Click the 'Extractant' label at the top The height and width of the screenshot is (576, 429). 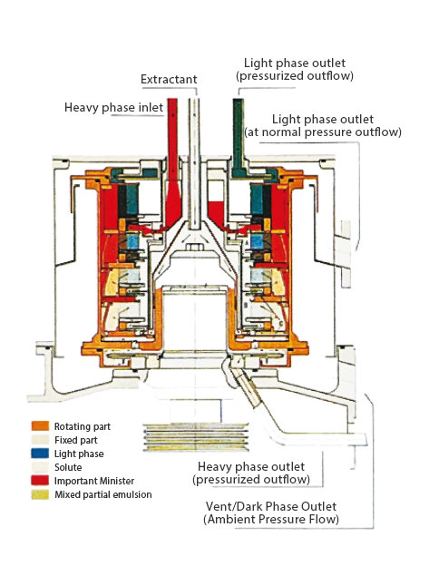coord(170,80)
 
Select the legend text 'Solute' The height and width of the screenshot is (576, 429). coord(68,466)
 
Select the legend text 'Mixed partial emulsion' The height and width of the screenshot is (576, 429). coord(102,493)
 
